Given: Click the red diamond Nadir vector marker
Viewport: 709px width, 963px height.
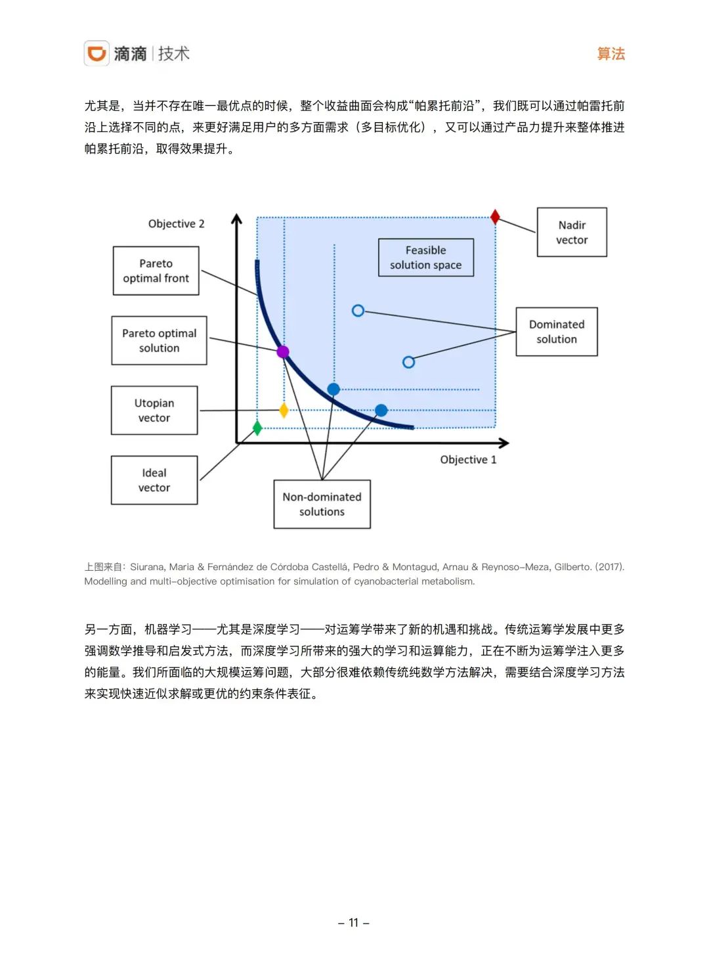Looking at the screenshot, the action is pyautogui.click(x=495, y=217).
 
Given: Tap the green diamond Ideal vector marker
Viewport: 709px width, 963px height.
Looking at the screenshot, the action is pyautogui.click(x=257, y=428).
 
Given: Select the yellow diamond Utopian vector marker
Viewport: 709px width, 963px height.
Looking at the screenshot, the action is pyautogui.click(x=284, y=411).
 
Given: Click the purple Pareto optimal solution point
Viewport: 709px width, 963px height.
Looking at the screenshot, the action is pyautogui.click(x=283, y=351).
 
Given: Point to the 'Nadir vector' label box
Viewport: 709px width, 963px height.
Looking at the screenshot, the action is pyautogui.click(x=572, y=233).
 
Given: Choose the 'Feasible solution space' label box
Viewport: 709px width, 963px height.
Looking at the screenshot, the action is pyautogui.click(x=425, y=258).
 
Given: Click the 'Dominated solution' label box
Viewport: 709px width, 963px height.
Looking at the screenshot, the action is pyautogui.click(x=556, y=332).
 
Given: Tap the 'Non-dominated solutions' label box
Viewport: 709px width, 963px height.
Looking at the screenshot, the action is pyautogui.click(x=322, y=504).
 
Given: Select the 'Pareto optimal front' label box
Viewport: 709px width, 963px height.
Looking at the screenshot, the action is pyautogui.click(x=156, y=271).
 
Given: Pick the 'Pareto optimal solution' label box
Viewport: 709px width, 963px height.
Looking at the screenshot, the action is pyautogui.click(x=159, y=340).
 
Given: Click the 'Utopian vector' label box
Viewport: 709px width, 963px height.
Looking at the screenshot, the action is pyautogui.click(x=154, y=411).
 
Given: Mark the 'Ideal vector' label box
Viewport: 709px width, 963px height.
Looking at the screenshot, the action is pyautogui.click(x=154, y=480).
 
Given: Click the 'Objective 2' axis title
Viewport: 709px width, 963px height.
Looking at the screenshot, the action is pyautogui.click(x=176, y=224).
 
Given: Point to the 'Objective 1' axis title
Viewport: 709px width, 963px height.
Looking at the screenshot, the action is pyautogui.click(x=468, y=460).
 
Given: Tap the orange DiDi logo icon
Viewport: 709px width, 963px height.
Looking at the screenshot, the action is pyautogui.click(x=97, y=53).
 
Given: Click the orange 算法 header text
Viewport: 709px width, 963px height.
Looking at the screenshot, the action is pyautogui.click(x=611, y=54).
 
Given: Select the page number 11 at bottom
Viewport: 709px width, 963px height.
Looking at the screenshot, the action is pyautogui.click(x=354, y=923).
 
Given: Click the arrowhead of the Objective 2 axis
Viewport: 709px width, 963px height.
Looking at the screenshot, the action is pyautogui.click(x=237, y=219).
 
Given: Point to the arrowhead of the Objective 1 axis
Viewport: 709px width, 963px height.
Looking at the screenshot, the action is pyautogui.click(x=504, y=443).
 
